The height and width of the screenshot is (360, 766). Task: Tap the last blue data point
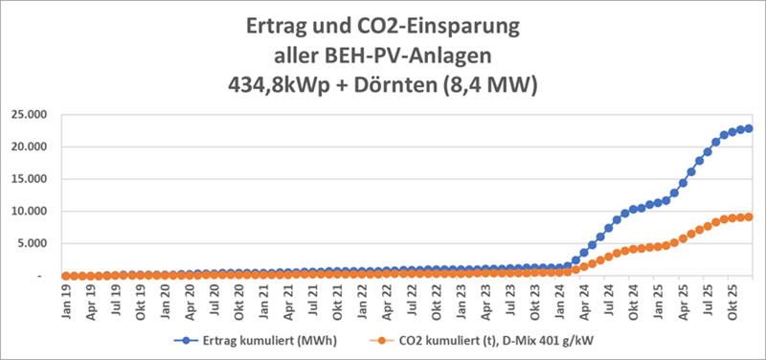pyautogui.click(x=749, y=128)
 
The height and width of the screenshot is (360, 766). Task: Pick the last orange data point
pyautogui.click(x=749, y=216)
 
